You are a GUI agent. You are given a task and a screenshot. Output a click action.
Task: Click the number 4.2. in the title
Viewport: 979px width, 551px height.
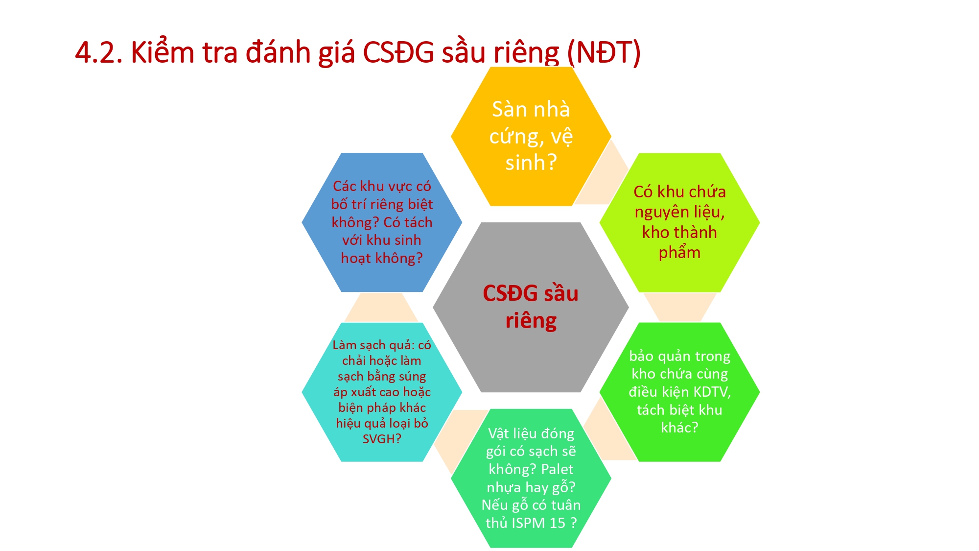tap(98, 52)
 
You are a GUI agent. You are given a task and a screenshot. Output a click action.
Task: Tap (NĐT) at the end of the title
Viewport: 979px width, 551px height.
tap(604, 53)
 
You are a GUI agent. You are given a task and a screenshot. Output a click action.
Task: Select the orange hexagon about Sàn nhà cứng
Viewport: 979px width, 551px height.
tap(531, 136)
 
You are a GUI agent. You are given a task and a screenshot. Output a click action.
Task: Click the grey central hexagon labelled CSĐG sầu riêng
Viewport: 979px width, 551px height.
tap(531, 307)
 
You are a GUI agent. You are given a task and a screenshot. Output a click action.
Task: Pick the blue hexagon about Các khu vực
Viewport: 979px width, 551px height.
tap(382, 222)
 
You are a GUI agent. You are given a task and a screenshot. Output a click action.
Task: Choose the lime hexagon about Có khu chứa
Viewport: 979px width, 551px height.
tap(679, 222)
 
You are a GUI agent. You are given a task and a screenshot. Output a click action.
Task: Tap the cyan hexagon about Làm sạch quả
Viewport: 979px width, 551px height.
tap(382, 392)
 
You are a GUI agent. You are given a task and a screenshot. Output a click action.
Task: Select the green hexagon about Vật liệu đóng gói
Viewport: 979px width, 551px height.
tap(531, 478)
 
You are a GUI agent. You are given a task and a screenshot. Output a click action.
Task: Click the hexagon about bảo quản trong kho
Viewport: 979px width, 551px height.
tap(679, 392)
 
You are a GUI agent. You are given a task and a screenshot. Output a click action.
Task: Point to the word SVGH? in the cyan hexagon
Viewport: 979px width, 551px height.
tap(382, 439)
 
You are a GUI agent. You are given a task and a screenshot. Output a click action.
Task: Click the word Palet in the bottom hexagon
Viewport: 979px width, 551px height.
tap(557, 469)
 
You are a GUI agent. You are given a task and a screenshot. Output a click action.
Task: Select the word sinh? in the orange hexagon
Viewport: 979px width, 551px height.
tap(531, 163)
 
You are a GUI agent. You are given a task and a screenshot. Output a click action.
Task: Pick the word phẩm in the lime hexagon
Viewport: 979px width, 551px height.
tap(679, 253)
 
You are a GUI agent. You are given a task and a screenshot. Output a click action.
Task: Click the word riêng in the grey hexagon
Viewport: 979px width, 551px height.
tap(531, 321)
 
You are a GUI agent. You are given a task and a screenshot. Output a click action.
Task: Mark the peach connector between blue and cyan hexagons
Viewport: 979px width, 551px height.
tap(381, 307)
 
